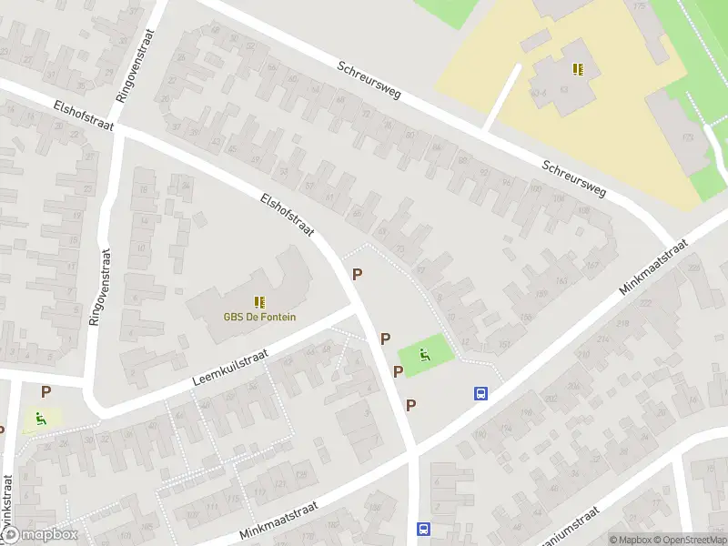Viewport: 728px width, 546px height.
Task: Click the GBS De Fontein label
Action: tap(259, 318)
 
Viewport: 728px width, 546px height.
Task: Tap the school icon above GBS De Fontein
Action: tap(259, 301)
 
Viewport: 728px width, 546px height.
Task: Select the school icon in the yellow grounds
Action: tap(578, 68)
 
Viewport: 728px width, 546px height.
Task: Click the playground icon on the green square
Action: tap(425, 354)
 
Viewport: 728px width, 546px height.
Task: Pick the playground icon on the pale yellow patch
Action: tap(39, 420)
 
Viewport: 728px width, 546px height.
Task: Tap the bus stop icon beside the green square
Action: tap(480, 394)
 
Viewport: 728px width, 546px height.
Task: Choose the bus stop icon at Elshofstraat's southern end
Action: tap(423, 529)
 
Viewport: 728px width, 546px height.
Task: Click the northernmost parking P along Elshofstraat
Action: tap(358, 274)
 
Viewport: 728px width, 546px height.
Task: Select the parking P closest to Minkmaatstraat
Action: tap(410, 405)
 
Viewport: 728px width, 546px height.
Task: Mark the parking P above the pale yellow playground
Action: tap(45, 391)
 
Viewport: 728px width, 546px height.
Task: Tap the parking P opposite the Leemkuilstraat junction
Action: tap(385, 339)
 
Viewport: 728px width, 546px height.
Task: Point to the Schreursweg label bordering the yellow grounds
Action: tap(573, 178)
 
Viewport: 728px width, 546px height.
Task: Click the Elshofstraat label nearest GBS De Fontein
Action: tap(287, 216)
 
